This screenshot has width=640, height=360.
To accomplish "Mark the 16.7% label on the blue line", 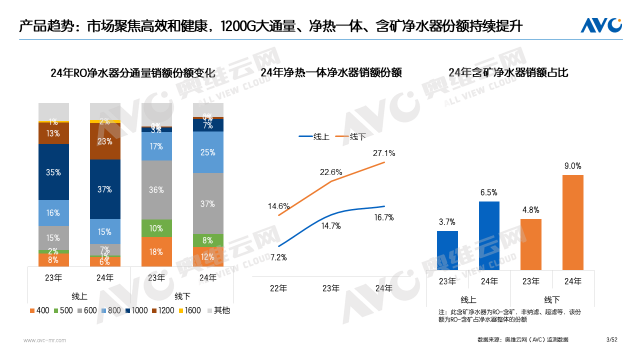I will tap(383, 217).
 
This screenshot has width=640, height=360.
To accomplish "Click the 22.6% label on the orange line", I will tap(331, 171).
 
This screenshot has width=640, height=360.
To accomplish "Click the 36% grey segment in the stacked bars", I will tap(156, 189).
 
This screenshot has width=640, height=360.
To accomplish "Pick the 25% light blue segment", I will tap(207, 153).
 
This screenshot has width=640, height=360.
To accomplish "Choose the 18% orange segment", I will tap(156, 252).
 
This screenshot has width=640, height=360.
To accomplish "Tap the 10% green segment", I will tap(156, 228).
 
